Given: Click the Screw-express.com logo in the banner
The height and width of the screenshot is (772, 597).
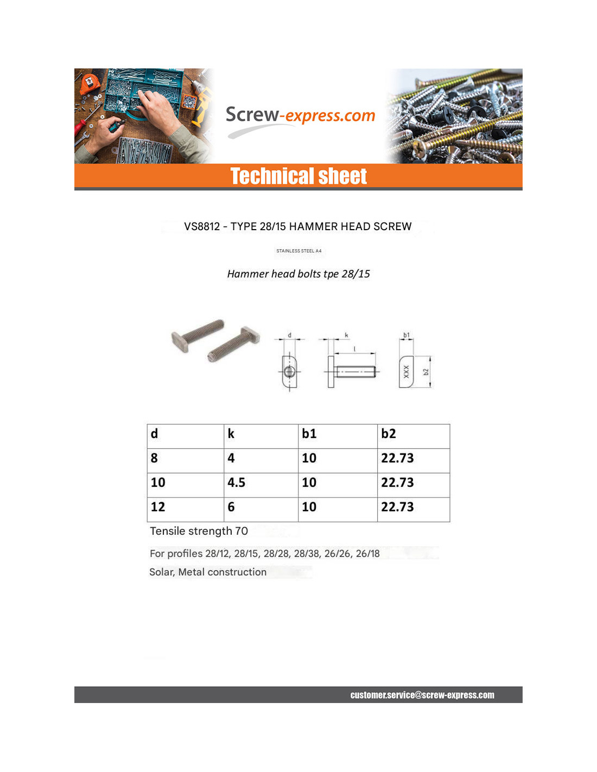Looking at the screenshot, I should pyautogui.click(x=300, y=116).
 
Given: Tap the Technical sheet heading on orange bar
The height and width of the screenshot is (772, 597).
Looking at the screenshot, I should pyautogui.click(x=298, y=176).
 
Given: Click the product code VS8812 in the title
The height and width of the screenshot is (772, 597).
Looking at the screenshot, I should pyautogui.click(x=202, y=226).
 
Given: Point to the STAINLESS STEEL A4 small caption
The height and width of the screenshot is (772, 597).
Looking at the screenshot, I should pyautogui.click(x=298, y=251).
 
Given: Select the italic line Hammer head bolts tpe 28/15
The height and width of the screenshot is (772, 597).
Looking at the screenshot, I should pyautogui.click(x=298, y=274).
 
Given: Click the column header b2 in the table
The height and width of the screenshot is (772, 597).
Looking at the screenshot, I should pyautogui.click(x=389, y=434).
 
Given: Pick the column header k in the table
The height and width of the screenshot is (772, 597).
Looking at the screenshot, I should pyautogui.click(x=231, y=434).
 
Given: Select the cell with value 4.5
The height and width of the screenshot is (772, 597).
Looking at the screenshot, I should pyautogui.click(x=237, y=483).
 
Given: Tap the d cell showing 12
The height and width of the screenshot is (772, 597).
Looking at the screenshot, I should pyautogui.click(x=158, y=507).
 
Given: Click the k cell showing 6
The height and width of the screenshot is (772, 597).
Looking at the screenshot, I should pyautogui.click(x=231, y=507).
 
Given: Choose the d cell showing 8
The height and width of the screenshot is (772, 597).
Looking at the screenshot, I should pyautogui.click(x=154, y=458).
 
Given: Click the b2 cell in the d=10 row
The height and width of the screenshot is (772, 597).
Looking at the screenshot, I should pyautogui.click(x=397, y=483).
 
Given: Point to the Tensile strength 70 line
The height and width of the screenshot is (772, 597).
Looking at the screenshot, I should pyautogui.click(x=199, y=531).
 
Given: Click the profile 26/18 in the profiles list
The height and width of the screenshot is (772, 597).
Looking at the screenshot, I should pyautogui.click(x=367, y=554).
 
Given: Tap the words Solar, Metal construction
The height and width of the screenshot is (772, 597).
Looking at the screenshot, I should pyautogui.click(x=208, y=572).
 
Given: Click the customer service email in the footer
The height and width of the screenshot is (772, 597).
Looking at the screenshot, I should pyautogui.click(x=422, y=695).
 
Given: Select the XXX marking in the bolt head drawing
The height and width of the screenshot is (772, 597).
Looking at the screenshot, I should pyautogui.click(x=406, y=372).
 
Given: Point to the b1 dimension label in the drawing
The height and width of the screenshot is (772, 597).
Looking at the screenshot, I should pyautogui.click(x=407, y=335).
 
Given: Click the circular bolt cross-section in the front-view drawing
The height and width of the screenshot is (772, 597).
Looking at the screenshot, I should pyautogui.click(x=289, y=372).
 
